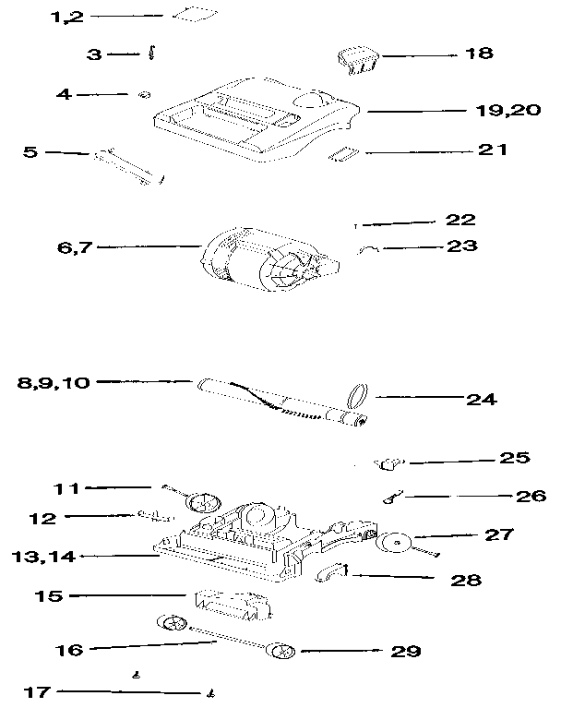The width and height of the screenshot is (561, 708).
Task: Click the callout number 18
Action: click(x=480, y=54)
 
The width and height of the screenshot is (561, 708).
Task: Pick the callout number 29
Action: click(x=405, y=652)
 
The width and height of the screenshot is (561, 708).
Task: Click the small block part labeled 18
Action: click(x=357, y=59)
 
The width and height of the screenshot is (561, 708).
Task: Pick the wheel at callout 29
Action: click(x=281, y=652)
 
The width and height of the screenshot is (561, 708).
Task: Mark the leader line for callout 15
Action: click(x=129, y=595)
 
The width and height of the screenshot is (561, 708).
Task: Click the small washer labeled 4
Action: click(x=144, y=94)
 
